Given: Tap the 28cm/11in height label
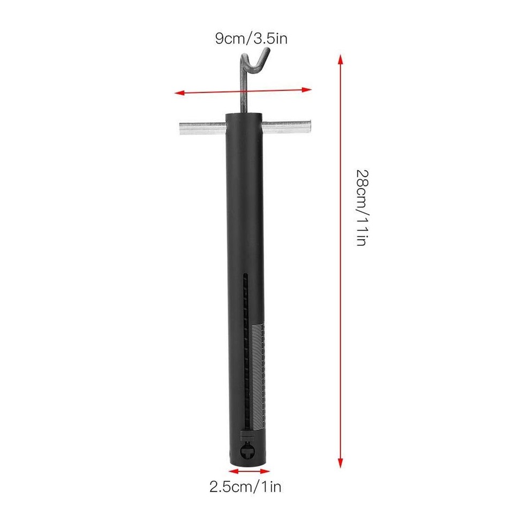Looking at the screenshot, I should [x=362, y=207].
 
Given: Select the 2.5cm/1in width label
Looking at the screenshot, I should [x=245, y=486].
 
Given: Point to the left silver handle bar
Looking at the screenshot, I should [x=201, y=127].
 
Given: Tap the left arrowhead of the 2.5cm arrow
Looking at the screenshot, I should [x=231, y=471].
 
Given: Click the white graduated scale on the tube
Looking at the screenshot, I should [x=258, y=375].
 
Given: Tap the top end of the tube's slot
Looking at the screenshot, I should [x=246, y=276].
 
